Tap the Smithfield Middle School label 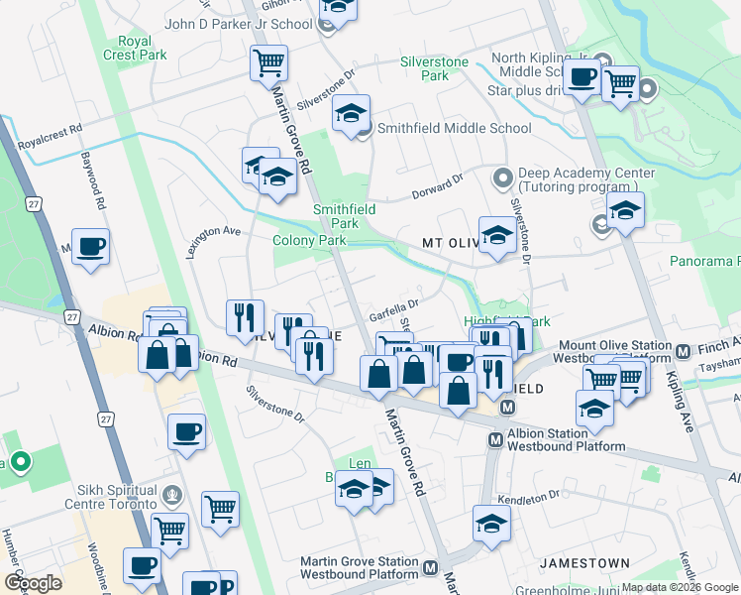(x=455, y=128)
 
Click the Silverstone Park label (x=434, y=68)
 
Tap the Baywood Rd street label (x=99, y=187)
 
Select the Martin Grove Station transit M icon (x=430, y=568)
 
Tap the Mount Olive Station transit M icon (x=683, y=351)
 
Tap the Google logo (x=33, y=582)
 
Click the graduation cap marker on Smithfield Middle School (x=351, y=115)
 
